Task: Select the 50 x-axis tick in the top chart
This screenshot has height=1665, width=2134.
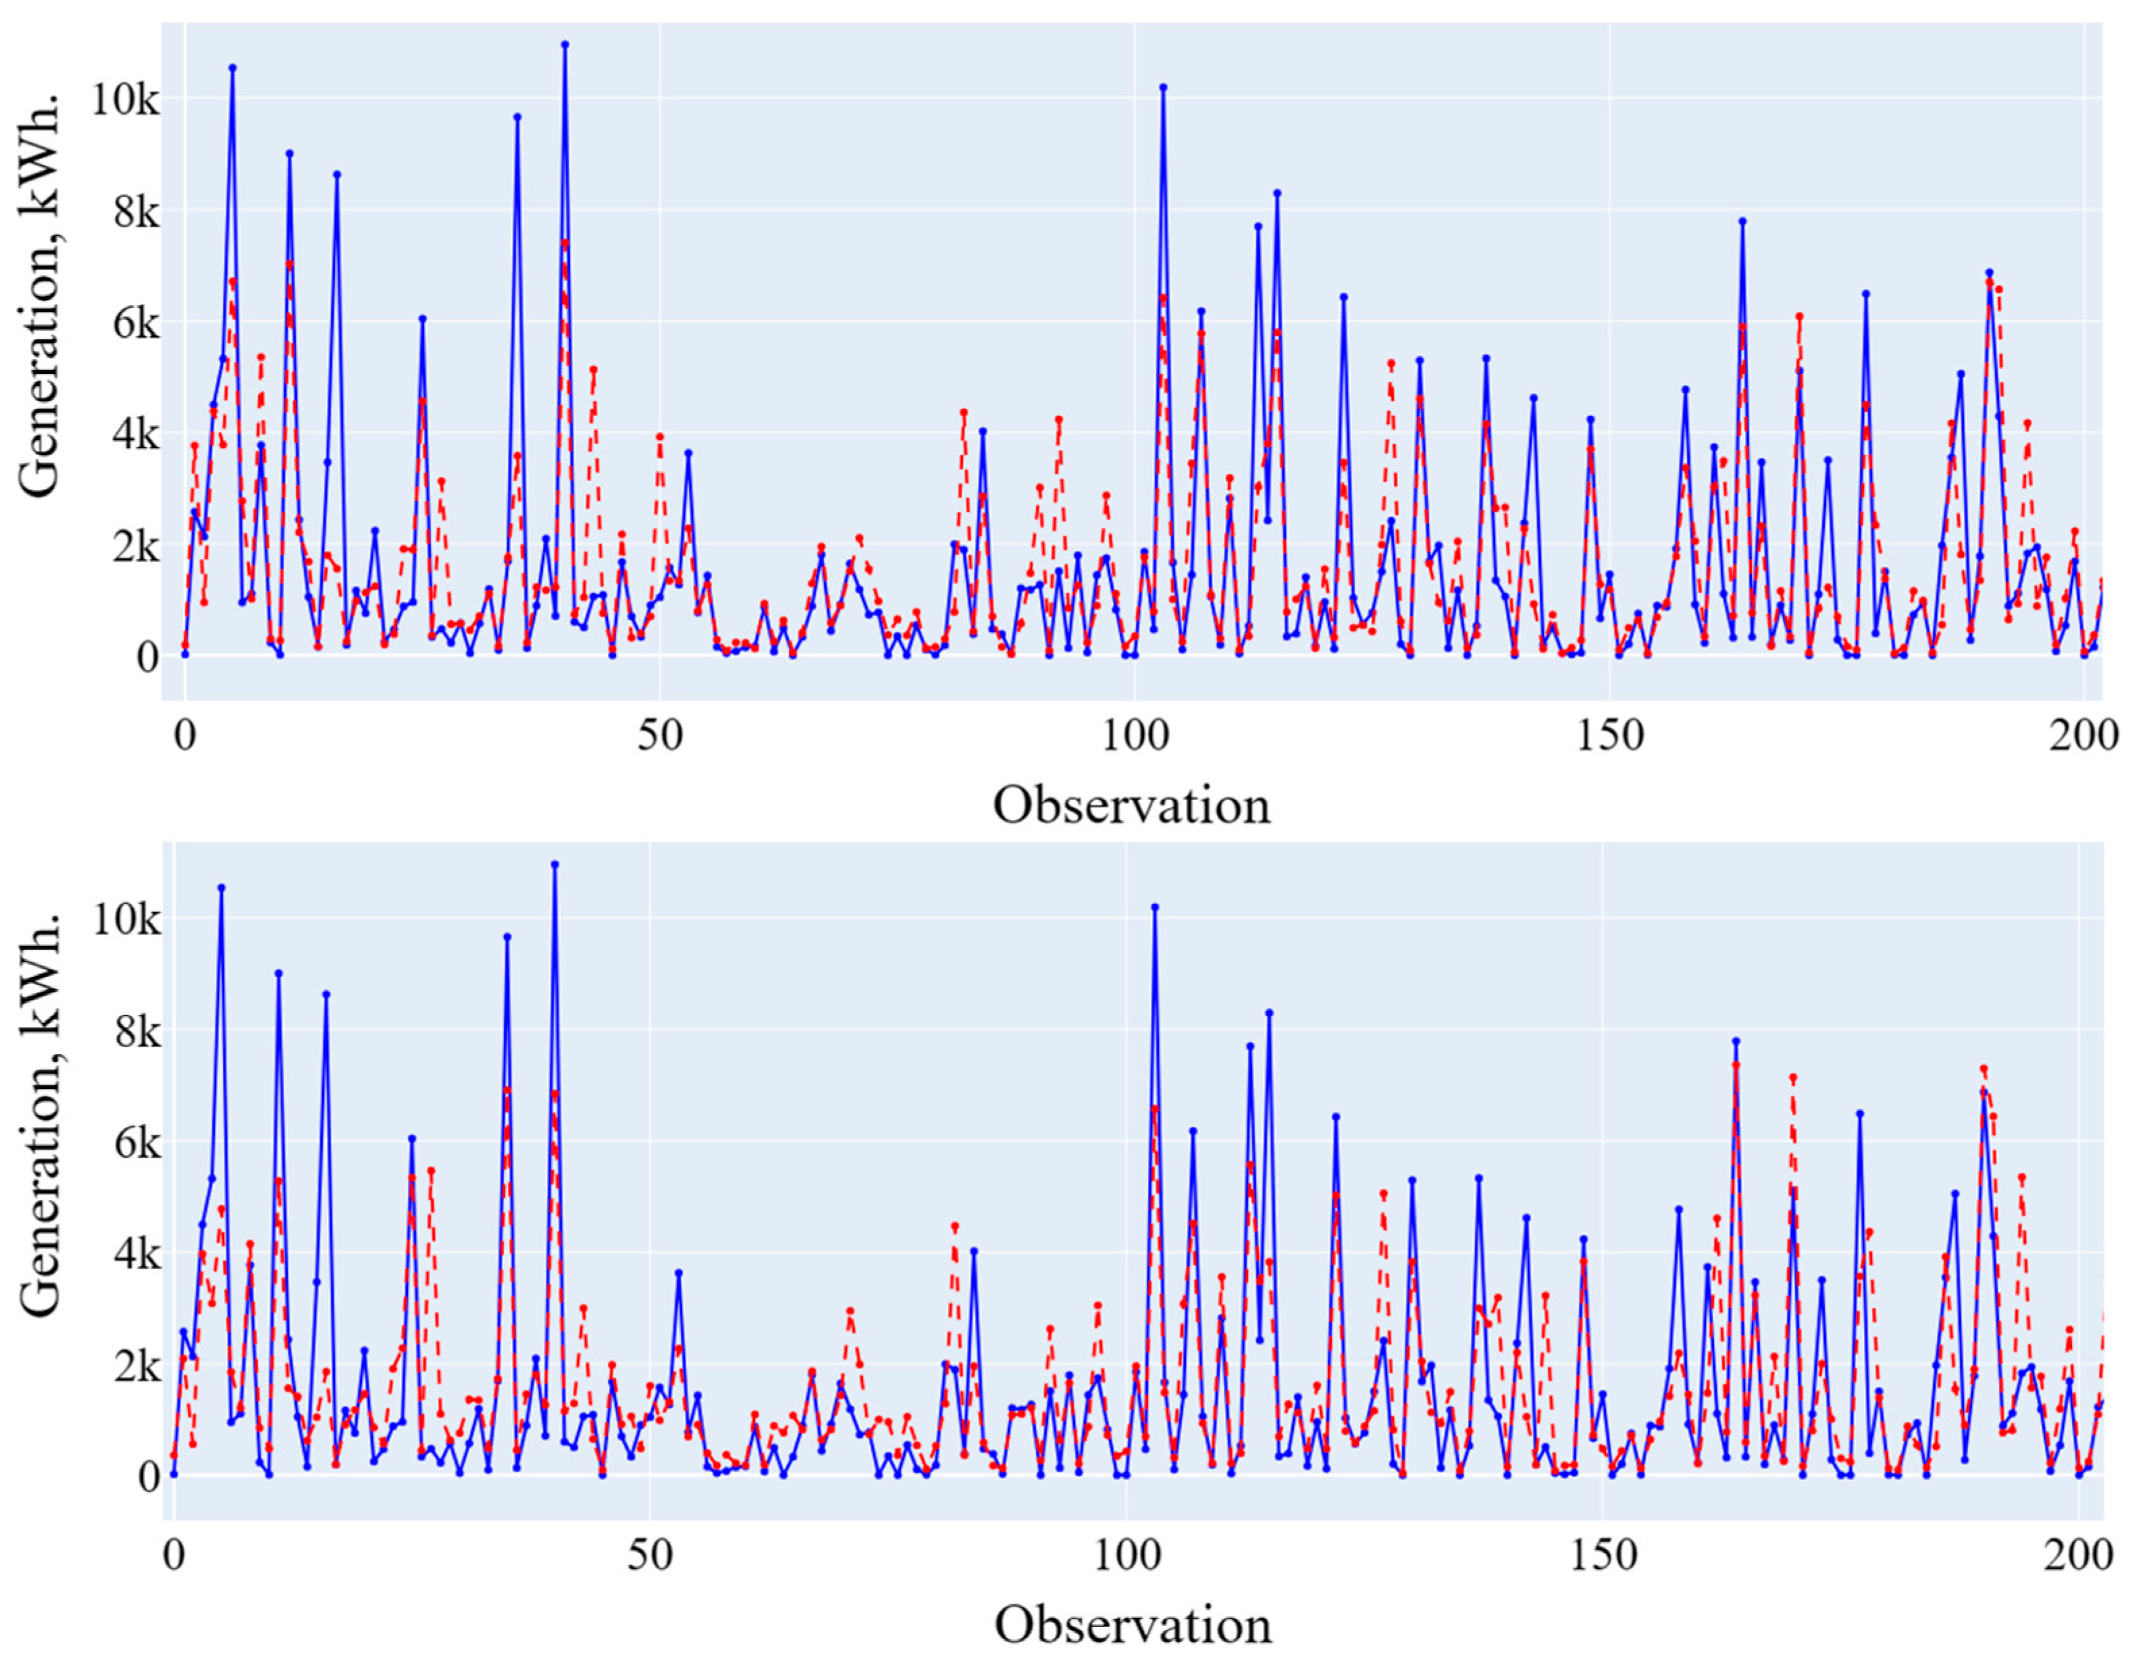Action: click(x=660, y=736)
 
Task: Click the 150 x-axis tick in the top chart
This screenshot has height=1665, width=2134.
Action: click(x=1609, y=736)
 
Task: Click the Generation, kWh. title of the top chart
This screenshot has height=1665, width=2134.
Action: click(x=41, y=296)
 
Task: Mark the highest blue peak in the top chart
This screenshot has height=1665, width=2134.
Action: click(x=565, y=44)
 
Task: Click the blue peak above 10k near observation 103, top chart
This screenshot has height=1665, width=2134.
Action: click(x=1163, y=87)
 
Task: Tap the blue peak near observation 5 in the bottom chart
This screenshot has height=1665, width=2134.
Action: click(x=221, y=887)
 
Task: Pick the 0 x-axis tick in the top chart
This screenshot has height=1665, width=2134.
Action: click(x=184, y=736)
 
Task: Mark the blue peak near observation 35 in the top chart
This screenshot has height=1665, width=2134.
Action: click(x=517, y=116)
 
